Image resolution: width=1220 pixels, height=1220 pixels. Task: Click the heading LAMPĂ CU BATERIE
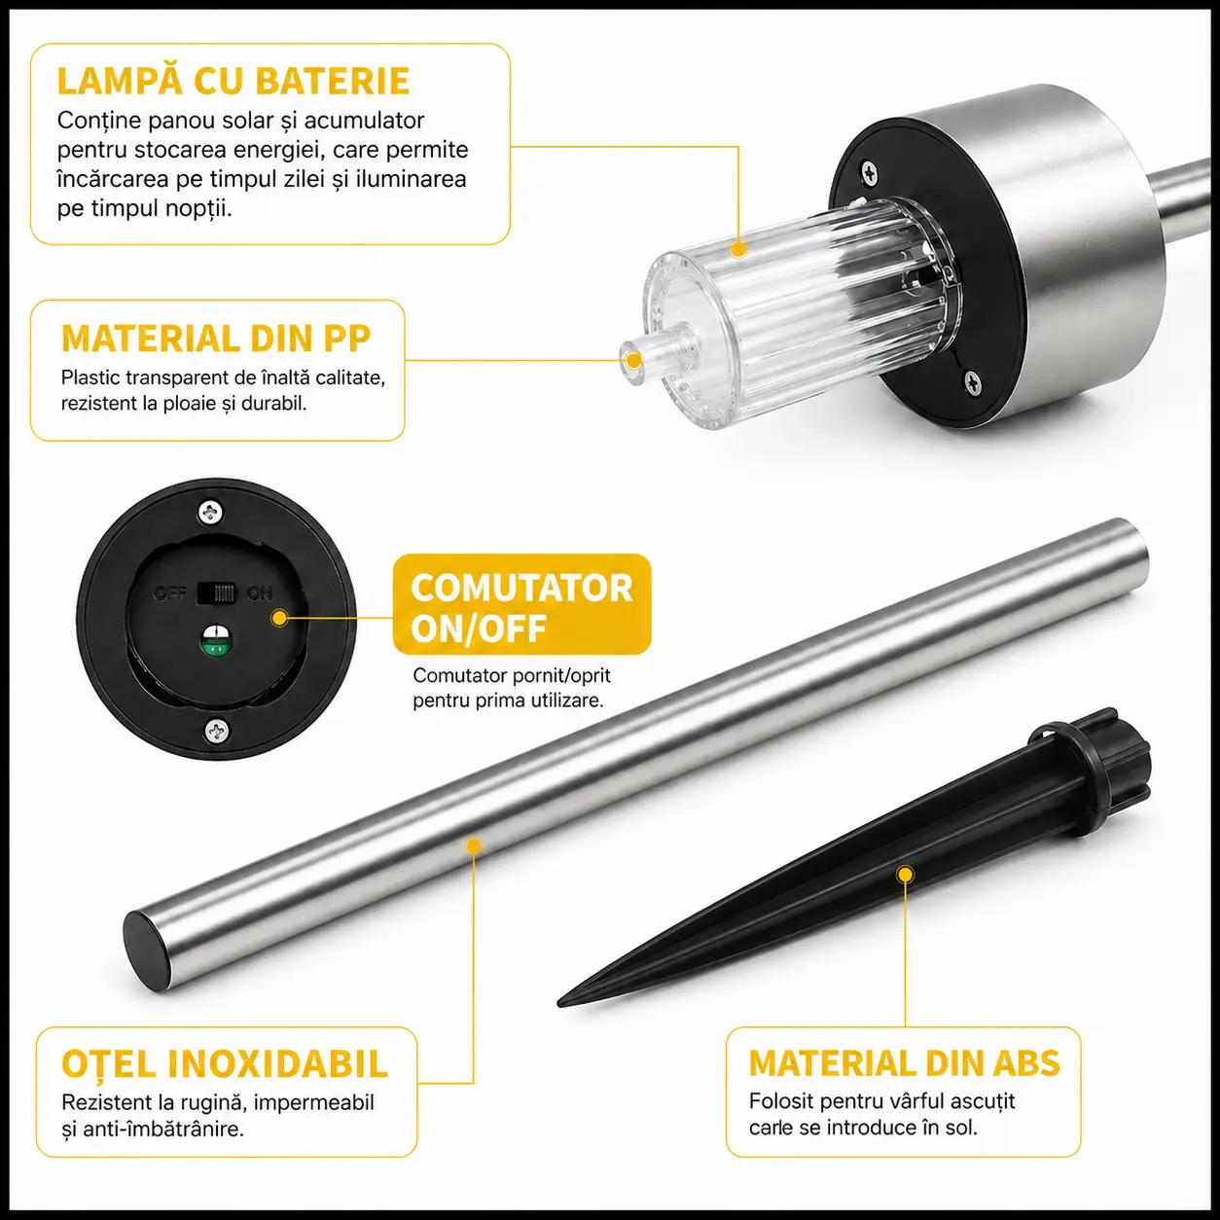click(x=233, y=81)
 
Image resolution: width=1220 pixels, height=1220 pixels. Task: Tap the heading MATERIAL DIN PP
click(x=216, y=339)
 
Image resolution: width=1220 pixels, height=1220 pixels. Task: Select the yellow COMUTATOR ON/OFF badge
click(x=521, y=603)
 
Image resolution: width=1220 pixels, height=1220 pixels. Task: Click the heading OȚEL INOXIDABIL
click(x=224, y=1063)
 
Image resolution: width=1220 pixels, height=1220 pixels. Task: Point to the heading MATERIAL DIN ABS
click(x=904, y=1063)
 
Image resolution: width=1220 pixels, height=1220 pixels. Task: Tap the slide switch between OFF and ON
click(x=217, y=593)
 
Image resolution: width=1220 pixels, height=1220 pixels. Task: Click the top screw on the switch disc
click(x=211, y=512)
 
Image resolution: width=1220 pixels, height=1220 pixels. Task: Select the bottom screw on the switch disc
click(x=217, y=732)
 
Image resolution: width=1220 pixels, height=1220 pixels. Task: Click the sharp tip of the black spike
click(x=559, y=1002)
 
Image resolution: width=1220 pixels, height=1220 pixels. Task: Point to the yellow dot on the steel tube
click(x=473, y=845)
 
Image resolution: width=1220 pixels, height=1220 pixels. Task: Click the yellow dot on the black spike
click(x=906, y=875)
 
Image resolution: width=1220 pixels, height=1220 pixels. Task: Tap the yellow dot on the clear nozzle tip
click(x=633, y=360)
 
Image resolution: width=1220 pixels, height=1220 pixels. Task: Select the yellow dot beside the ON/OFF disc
click(x=279, y=618)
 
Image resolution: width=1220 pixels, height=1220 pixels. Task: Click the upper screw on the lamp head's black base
click(x=869, y=173)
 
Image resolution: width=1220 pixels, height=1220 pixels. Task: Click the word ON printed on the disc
click(x=259, y=593)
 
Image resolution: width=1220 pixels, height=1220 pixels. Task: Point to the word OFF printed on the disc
click(x=169, y=593)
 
